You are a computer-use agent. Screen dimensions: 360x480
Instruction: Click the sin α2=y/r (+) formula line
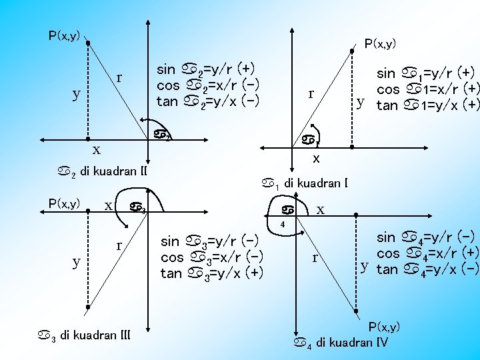tap(207, 69)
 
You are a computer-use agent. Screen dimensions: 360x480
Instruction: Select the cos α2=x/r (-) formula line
tap(207, 85)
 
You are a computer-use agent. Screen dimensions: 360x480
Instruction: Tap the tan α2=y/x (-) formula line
tap(207, 101)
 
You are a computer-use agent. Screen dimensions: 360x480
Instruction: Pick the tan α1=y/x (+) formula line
tap(427, 105)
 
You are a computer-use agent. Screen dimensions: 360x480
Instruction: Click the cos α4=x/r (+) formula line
tap(427, 253)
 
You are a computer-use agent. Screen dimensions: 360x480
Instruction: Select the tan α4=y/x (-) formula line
tap(427, 269)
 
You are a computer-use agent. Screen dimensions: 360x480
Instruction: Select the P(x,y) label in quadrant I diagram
tap(380, 44)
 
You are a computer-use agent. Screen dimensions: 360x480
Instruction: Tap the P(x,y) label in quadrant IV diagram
tap(384, 326)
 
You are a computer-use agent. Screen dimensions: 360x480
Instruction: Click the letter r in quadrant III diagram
tap(119, 245)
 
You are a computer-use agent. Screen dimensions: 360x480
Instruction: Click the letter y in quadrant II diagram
tap(77, 94)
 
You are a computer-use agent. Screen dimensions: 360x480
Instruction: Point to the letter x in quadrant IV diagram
tap(321, 210)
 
